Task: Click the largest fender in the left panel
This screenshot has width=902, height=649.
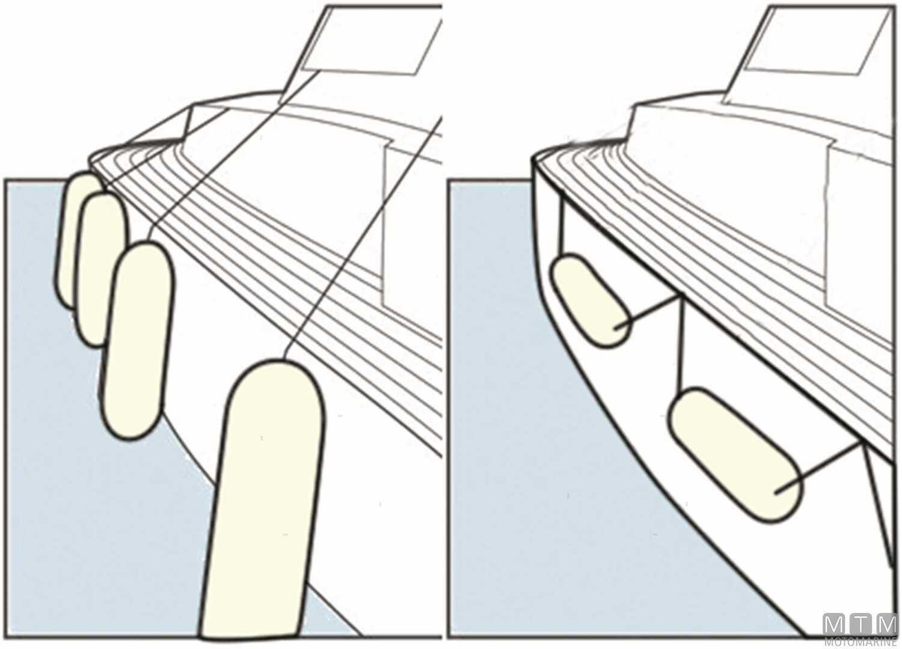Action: [x=262, y=499]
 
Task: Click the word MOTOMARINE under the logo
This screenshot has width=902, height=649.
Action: [x=861, y=642]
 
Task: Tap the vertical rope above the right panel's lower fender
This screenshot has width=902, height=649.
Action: [x=680, y=343]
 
